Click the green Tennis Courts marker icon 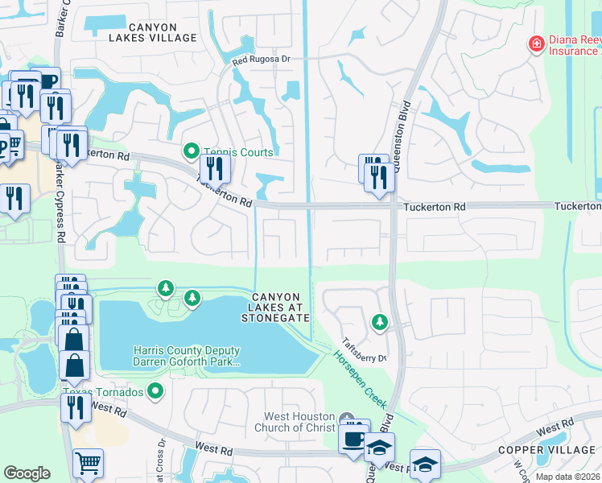(192, 151)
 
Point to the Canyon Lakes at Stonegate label (275, 308)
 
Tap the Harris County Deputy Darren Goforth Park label (186, 356)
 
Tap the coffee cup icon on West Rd (353, 440)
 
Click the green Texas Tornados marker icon (155, 392)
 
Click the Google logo (27, 473)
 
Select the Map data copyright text (567, 477)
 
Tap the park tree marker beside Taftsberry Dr (379, 323)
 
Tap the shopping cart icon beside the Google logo (88, 463)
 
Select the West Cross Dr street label (162, 459)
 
